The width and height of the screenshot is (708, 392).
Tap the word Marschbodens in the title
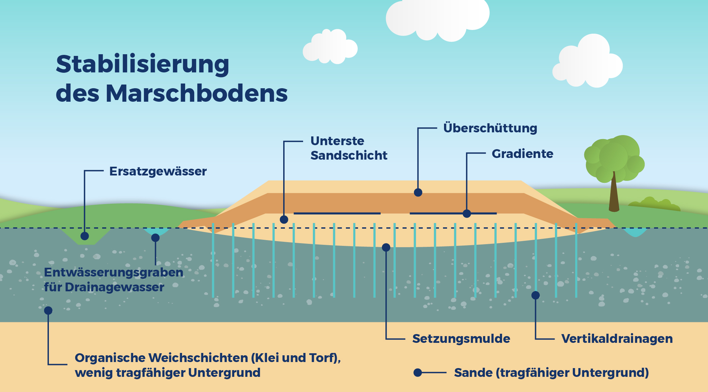pos(197,93)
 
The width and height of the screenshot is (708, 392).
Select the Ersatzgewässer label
pos(158,171)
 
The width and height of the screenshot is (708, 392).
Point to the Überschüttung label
pos(490,128)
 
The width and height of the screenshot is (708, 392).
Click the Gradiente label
pos(522,154)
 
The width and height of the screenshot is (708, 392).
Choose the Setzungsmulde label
pos(461,339)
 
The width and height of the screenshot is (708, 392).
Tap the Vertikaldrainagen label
pos(617,339)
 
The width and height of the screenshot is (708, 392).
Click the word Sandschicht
pos(349,156)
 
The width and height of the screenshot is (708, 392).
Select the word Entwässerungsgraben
pos(114,272)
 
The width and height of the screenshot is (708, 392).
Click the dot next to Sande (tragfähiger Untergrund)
pos(418,372)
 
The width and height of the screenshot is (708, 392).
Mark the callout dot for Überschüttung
pos(418,192)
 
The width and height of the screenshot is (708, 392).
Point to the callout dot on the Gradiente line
pos(467,214)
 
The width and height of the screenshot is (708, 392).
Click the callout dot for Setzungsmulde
pos(386,248)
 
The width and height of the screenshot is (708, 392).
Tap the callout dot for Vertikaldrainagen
pos(535,295)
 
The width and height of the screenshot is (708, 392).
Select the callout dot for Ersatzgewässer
pos(85,236)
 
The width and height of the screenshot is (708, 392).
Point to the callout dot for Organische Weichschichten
pos(48,311)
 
